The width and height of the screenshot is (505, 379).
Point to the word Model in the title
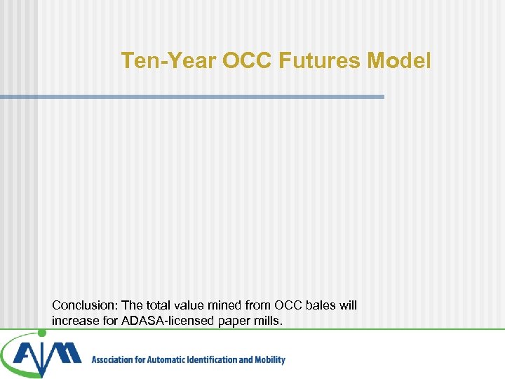[400, 61]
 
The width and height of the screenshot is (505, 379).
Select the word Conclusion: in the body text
[85, 305]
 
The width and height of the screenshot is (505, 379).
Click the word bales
[316, 305]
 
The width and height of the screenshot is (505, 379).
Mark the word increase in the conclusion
[74, 321]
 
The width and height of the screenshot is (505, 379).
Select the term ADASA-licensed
[164, 321]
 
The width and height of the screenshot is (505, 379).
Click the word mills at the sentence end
[268, 321]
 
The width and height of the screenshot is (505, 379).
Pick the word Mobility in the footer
[269, 360]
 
